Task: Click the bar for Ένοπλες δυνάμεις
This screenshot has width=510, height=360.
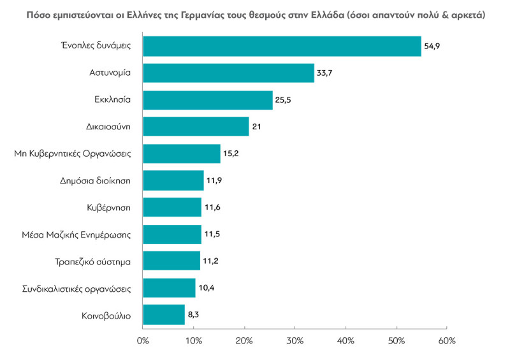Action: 282,47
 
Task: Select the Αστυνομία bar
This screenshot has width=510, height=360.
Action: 228,73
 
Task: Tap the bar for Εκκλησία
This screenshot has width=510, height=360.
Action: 207,100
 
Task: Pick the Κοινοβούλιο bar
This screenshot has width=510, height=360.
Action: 164,315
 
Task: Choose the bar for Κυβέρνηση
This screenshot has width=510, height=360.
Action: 172,208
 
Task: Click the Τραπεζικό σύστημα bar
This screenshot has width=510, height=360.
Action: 171,261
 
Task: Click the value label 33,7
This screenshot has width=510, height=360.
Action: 324,73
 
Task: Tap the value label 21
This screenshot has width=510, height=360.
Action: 258,127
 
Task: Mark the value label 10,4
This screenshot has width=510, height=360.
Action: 206,288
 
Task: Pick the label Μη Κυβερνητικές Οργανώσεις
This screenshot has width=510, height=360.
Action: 72,154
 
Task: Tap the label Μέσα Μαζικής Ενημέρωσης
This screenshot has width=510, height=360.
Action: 76,234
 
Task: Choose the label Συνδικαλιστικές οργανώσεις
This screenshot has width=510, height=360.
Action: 75,288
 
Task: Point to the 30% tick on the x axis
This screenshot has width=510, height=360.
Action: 295,342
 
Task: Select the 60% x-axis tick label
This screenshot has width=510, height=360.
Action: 447,342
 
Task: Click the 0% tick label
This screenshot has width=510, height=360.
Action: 143,342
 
